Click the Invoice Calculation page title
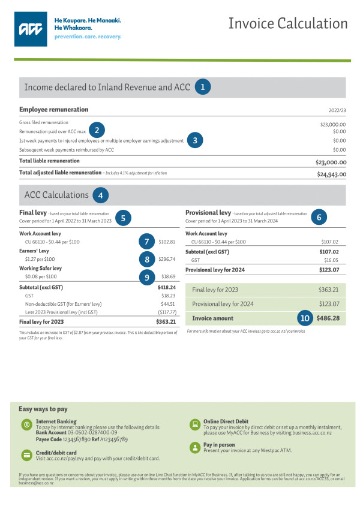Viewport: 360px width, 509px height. tap(288, 23)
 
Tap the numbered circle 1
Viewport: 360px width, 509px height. tap(202, 87)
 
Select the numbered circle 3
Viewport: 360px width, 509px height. tap(195, 140)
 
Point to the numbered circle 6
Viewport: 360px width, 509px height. tap(319, 218)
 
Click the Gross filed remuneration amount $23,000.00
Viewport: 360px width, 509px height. tap(333, 124)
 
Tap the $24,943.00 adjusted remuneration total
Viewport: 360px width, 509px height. tap(331, 174)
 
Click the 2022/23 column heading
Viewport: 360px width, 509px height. tap(338, 110)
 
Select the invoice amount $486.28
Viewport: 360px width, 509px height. tap(332, 318)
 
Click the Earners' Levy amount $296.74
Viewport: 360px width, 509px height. tap(167, 259)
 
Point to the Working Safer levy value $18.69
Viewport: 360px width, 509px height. tap(168, 277)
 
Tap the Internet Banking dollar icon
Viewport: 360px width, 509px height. tap(26, 424)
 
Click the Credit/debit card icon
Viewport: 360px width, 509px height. tap(26, 455)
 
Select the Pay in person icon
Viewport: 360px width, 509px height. tap(194, 447)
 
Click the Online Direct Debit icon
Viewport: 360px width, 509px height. tap(194, 424)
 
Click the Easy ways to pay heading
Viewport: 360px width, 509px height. tap(43, 409)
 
